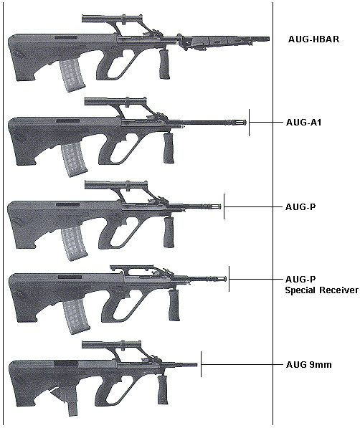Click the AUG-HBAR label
(313, 39)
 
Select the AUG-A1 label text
(303, 123)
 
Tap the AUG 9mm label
(308, 365)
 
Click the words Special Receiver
(321, 290)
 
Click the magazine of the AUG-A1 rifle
(73, 161)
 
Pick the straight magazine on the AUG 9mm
(72, 404)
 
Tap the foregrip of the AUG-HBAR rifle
(164, 64)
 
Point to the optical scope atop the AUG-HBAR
(112, 19)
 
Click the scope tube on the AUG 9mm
(111, 345)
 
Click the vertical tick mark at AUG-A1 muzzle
(249, 123)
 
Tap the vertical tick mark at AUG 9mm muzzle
(201, 364)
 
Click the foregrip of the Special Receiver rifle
(174, 305)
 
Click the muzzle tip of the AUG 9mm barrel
(197, 365)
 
